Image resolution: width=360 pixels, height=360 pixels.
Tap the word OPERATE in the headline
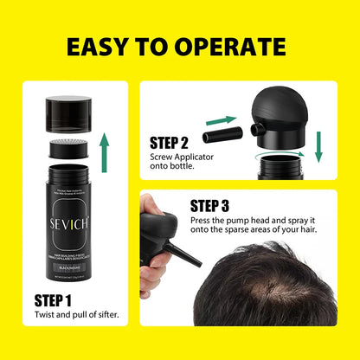[x=237, y=45]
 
